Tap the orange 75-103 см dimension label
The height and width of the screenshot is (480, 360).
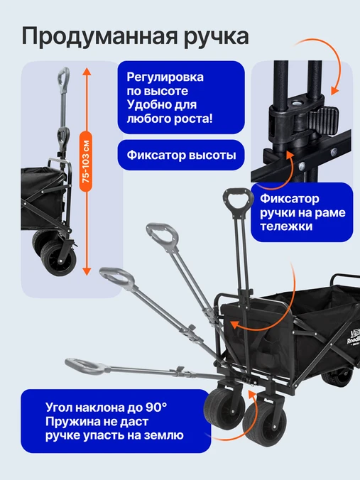[x=87, y=162]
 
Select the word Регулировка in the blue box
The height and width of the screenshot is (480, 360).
[x=165, y=77]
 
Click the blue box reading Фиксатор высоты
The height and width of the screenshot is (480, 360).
[x=181, y=155]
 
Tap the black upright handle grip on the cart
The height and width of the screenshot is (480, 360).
[x=238, y=200]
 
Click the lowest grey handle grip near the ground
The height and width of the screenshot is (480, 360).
[x=84, y=366]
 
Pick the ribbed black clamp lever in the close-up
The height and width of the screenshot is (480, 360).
[x=323, y=120]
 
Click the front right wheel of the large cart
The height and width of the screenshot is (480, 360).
[x=264, y=423]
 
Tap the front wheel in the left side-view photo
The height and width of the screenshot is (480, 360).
[x=58, y=258]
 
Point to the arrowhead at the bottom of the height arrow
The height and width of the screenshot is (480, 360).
[x=87, y=271]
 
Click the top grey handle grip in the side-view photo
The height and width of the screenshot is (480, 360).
[x=64, y=77]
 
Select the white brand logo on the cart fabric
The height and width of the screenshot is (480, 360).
[x=354, y=337]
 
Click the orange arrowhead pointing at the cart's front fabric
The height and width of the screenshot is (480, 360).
[x=234, y=325]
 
